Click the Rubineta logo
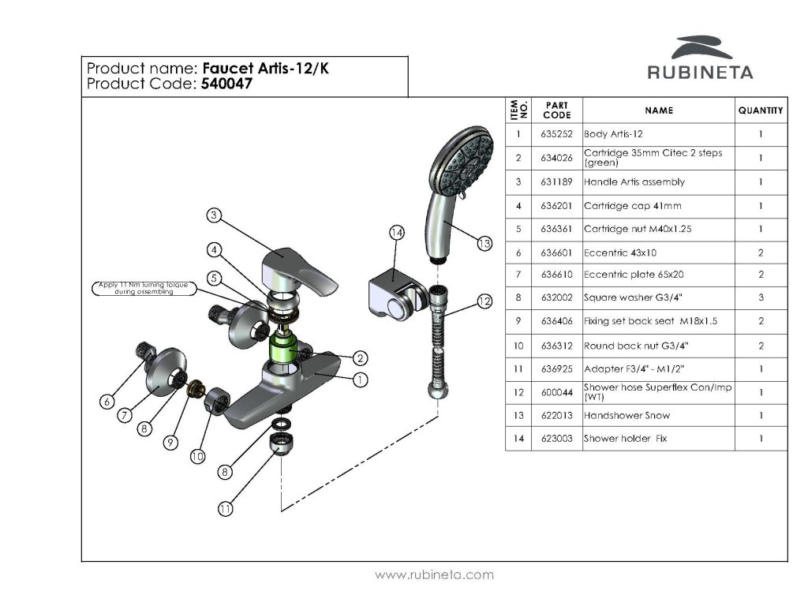point(701,57)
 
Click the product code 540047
point(226,84)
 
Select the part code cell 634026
point(556,158)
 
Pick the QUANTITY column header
point(761,110)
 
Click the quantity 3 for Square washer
point(761,297)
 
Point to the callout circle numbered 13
point(484,243)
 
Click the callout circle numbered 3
point(214,215)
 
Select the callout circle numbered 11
point(225,509)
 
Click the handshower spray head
point(461,159)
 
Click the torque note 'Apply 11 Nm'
point(144,288)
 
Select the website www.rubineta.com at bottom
point(434,574)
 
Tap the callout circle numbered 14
point(396,233)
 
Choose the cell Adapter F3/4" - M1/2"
point(634,369)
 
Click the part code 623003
point(556,439)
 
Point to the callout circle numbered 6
point(107,402)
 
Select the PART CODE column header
point(556,110)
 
